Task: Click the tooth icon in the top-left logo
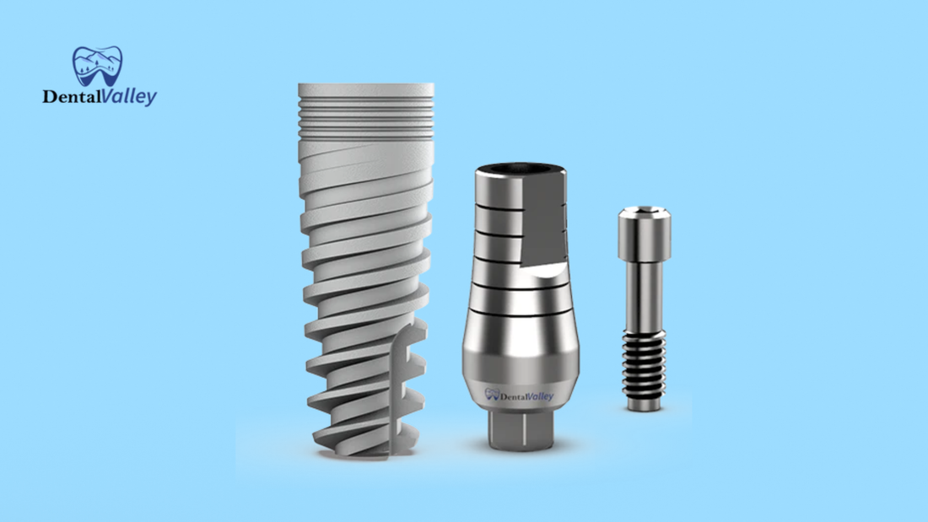pos(98,66)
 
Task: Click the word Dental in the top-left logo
pos(70,98)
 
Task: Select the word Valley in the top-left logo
pos(127,98)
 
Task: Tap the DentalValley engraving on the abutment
pos(520,394)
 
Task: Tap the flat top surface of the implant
pos(365,87)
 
